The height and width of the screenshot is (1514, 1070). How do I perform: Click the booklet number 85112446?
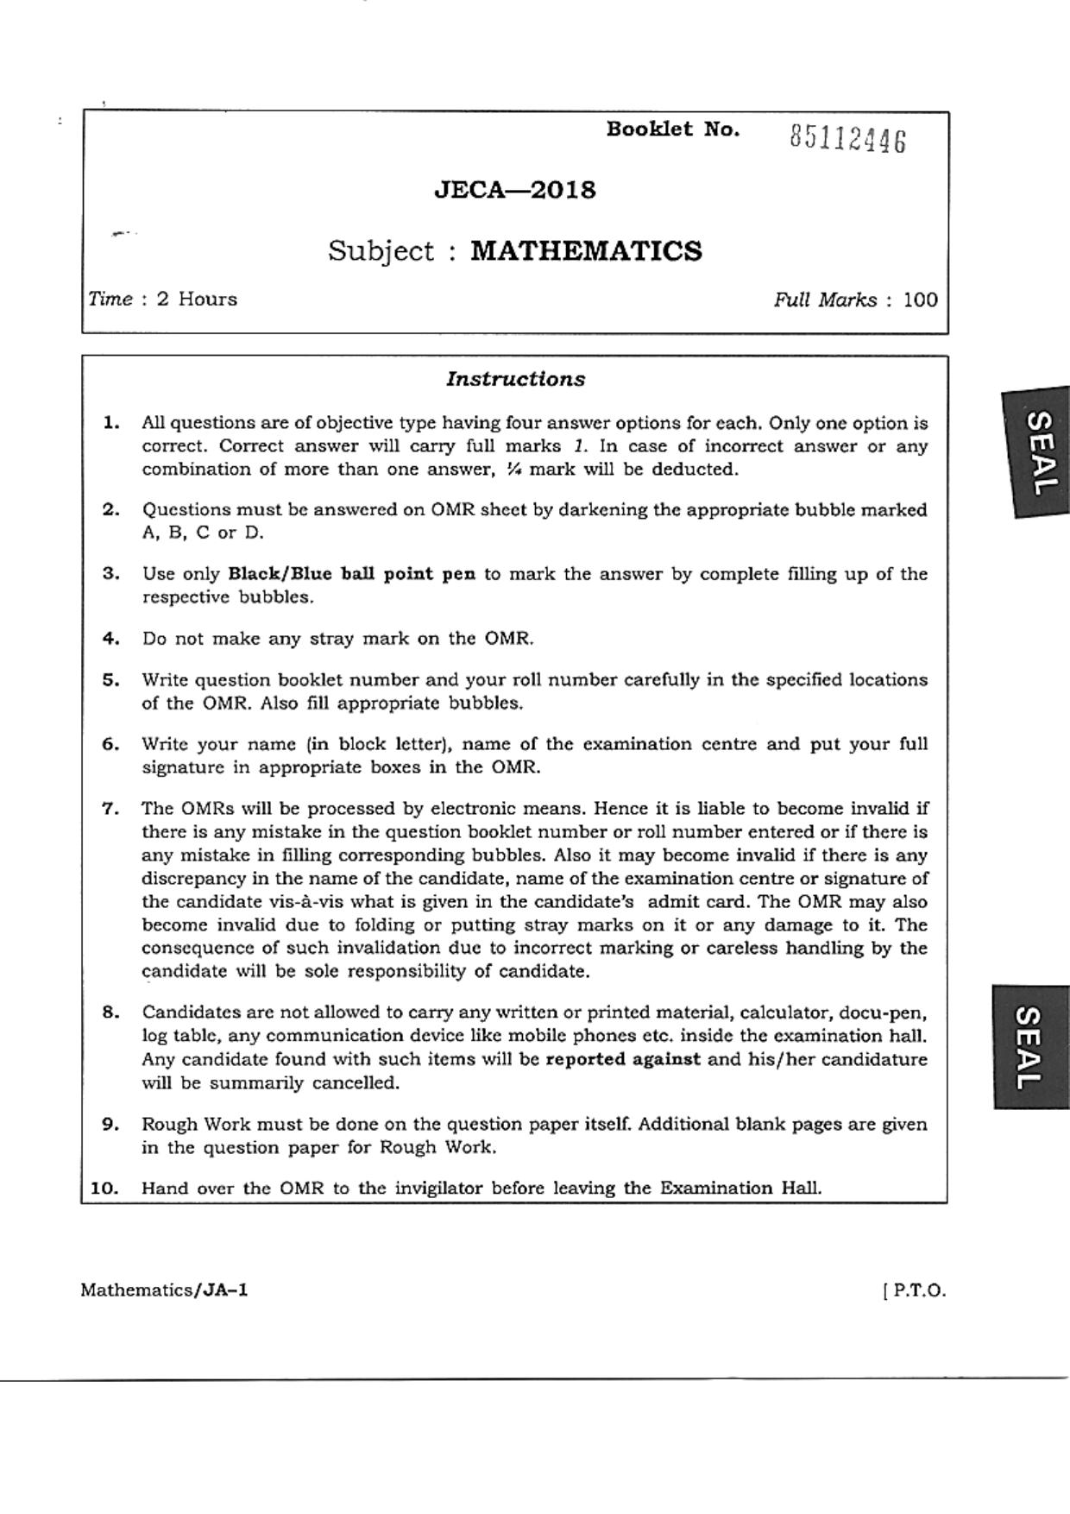[847, 138]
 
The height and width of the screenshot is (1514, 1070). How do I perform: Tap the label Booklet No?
[672, 129]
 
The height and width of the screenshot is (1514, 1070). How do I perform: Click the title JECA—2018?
[514, 190]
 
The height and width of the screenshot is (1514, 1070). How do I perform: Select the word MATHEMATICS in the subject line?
[586, 251]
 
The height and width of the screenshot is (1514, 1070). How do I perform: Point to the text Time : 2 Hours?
[162, 300]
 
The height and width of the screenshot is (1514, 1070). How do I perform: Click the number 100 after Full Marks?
[920, 300]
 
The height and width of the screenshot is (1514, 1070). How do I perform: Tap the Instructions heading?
[515, 379]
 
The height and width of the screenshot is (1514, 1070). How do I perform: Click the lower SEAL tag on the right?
[1032, 1047]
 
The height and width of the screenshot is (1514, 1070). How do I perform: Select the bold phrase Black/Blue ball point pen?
[351, 574]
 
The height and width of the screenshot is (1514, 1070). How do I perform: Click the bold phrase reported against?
[623, 1059]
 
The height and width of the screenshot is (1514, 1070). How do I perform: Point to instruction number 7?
[110, 809]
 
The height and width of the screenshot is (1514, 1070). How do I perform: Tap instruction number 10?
[104, 1188]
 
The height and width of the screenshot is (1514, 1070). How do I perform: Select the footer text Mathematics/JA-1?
[164, 1290]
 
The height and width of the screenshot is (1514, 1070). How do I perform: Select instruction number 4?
[110, 639]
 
